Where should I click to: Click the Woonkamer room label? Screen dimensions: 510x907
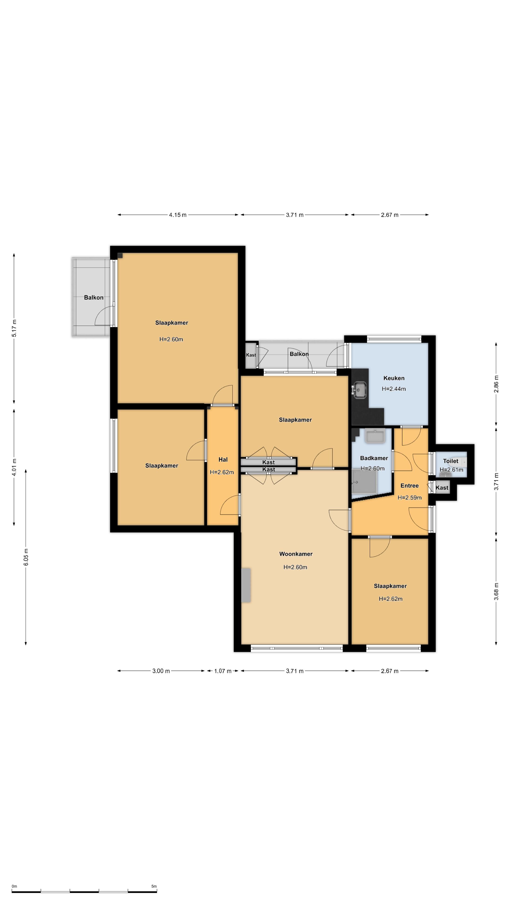tap(296, 554)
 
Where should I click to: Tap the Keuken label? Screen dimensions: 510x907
tap(394, 378)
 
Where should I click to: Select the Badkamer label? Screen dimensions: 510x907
tap(374, 458)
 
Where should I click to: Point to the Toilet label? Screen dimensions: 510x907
tap(450, 461)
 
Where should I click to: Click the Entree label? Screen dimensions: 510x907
tap(409, 486)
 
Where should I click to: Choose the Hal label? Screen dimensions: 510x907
tap(223, 459)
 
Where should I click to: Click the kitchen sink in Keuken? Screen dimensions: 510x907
tap(360, 390)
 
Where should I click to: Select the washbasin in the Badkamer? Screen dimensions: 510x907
tap(376, 436)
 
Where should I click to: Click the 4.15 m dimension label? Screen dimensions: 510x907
tap(178, 215)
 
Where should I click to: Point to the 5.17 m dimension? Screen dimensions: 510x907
tap(14, 328)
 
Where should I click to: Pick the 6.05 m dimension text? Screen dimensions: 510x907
tap(26, 557)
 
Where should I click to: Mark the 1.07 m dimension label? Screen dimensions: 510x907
tap(223, 671)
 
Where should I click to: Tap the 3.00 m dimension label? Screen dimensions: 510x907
tap(161, 671)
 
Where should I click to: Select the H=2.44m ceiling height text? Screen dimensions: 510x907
tap(394, 389)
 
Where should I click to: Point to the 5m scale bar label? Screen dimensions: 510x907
tap(154, 886)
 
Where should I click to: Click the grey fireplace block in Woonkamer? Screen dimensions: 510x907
tap(246, 585)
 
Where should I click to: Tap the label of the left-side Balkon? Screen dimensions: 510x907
tap(94, 298)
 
